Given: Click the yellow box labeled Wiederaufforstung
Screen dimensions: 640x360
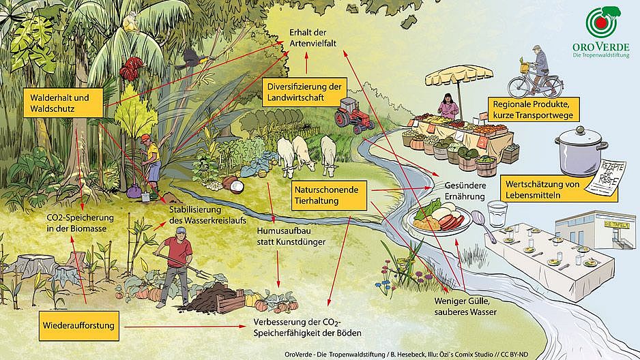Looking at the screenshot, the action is [x=79, y=326].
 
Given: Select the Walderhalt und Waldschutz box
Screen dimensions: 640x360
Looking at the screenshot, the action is [x=63, y=103].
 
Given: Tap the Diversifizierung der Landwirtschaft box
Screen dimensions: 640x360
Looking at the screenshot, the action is [x=304, y=92].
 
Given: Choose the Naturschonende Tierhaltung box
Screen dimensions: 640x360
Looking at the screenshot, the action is [x=329, y=195].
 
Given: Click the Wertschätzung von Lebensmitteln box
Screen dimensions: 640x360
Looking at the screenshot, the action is [x=558, y=189].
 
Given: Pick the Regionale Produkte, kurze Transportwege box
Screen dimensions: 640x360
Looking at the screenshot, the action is [x=534, y=109].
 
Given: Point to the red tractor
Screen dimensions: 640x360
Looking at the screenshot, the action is [x=353, y=115].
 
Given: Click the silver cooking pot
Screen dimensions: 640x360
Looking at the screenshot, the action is [x=581, y=151].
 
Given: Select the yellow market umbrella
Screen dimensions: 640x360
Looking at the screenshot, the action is [x=459, y=76].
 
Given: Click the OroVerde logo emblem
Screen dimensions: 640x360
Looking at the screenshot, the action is [x=602, y=22].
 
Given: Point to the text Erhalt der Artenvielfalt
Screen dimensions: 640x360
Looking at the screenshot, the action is [x=312, y=37].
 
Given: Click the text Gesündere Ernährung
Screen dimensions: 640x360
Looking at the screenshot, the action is [x=465, y=191].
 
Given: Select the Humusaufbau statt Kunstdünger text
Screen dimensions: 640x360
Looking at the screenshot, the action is [x=291, y=237].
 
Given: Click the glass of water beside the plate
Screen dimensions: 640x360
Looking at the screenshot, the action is [x=497, y=213].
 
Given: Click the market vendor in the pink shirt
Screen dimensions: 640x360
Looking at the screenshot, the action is [x=448, y=106].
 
